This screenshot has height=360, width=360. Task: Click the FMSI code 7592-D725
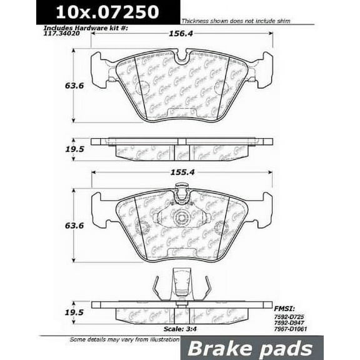pos(308,317)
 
